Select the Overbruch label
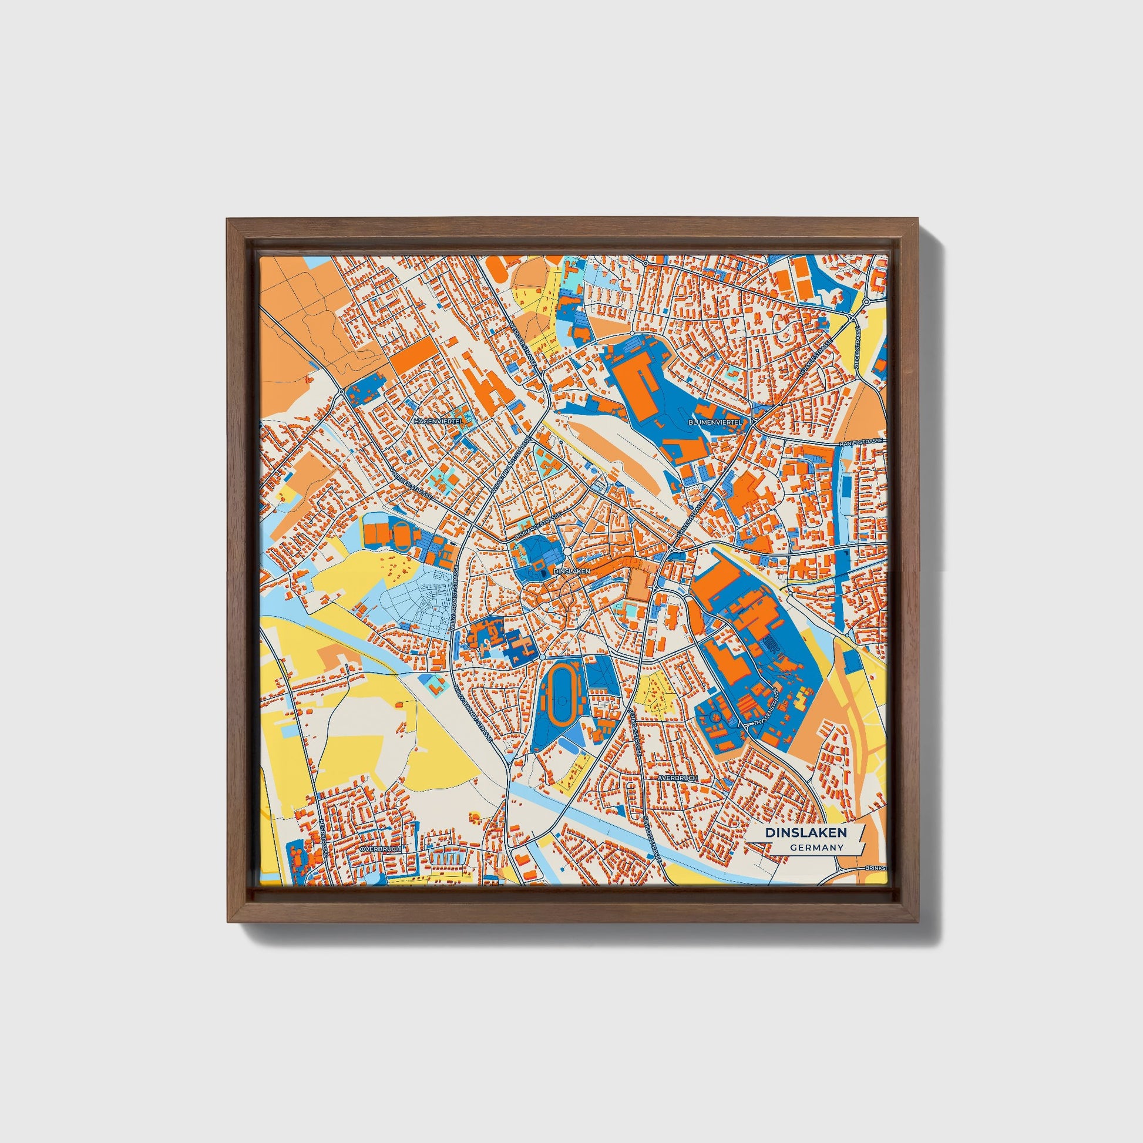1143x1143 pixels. point(379,849)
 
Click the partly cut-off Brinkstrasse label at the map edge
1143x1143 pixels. point(876,868)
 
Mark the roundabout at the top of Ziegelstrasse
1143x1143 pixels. point(866,302)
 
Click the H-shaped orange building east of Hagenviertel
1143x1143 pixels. point(489,385)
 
